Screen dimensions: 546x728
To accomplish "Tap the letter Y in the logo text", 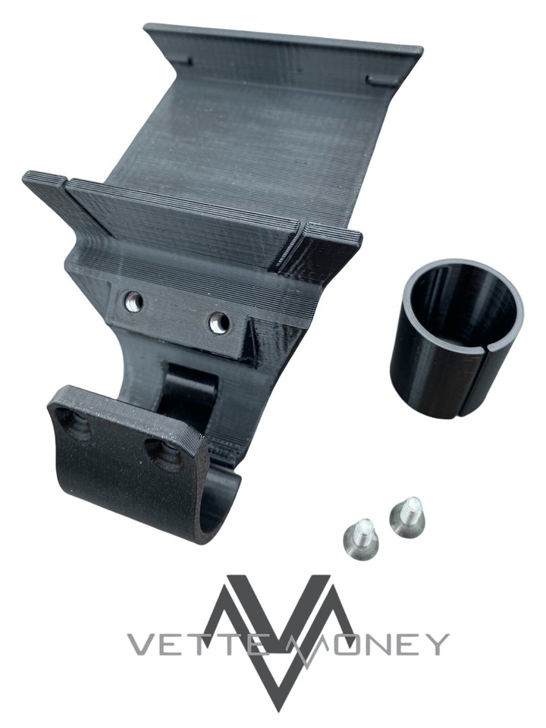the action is pos(435,644).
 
